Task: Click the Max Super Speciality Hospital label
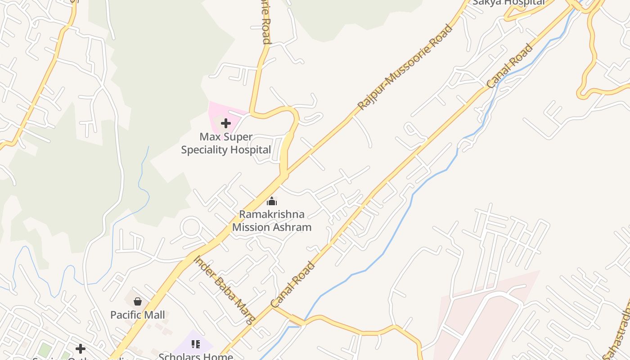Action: [226, 143]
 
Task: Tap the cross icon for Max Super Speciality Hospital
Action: [226, 123]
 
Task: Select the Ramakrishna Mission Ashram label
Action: [272, 220]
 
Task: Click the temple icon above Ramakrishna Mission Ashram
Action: [272, 201]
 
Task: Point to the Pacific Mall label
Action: [138, 315]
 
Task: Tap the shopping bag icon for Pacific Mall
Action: [138, 301]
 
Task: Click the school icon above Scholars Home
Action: [196, 344]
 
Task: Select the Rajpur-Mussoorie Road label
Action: [405, 67]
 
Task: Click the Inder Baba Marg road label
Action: [225, 290]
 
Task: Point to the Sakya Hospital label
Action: [508, 2]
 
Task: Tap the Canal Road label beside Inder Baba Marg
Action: [293, 285]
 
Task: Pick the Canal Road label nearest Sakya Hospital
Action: [510, 66]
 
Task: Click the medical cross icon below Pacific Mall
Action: [81, 349]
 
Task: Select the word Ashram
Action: [291, 227]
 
